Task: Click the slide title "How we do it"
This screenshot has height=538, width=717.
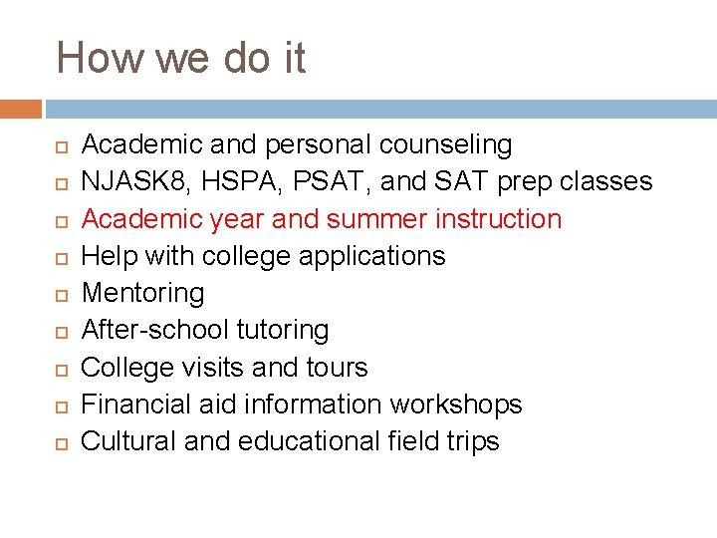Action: [x=180, y=58]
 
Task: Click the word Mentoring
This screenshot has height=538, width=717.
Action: [x=142, y=293]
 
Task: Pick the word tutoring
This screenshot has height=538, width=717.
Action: [x=282, y=330]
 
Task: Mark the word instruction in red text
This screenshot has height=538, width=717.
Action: [x=495, y=218]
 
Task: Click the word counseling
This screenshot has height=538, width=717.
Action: [x=445, y=145]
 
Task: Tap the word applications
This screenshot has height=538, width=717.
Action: [x=382, y=256]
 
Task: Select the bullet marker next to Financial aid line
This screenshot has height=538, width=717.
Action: [x=60, y=405]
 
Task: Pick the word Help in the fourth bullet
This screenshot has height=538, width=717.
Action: [x=109, y=256]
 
